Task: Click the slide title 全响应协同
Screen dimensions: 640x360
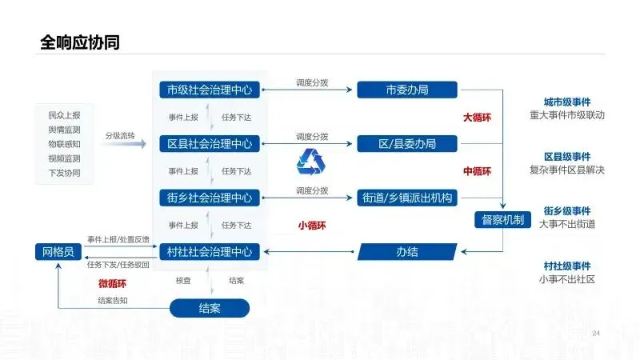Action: click(x=80, y=42)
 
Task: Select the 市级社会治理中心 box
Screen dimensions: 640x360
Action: click(x=209, y=90)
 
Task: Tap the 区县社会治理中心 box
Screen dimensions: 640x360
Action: click(x=209, y=144)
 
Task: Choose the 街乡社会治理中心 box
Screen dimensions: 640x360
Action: click(x=209, y=198)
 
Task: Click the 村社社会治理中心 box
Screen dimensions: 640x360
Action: click(x=209, y=252)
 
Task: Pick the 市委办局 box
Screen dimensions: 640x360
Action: click(x=407, y=90)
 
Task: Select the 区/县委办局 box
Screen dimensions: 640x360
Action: click(x=407, y=144)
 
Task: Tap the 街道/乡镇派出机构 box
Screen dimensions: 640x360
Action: click(x=407, y=198)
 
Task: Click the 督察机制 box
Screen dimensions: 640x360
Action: click(x=503, y=219)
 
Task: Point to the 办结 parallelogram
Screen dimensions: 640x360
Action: click(x=407, y=252)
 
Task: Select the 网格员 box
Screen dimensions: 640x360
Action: click(x=58, y=252)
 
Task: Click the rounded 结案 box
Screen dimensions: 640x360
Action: click(x=210, y=308)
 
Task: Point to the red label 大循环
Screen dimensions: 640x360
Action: click(x=477, y=118)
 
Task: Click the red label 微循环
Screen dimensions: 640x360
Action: click(x=112, y=282)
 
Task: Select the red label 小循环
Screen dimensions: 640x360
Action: click(x=312, y=226)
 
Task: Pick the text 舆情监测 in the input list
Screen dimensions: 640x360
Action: click(x=64, y=130)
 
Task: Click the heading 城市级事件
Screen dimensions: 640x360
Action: click(x=567, y=102)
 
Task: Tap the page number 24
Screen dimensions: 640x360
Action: click(x=595, y=333)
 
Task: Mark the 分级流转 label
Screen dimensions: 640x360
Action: click(x=119, y=135)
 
